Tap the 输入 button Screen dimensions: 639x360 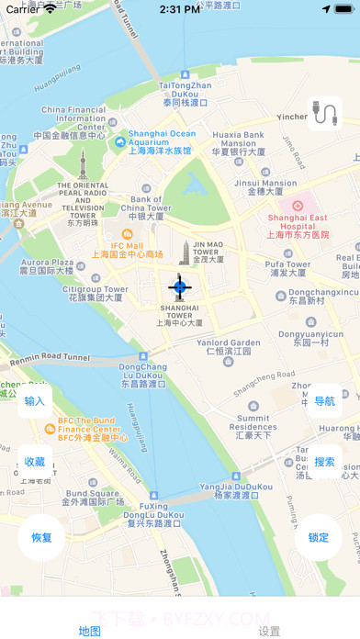click(x=35, y=401)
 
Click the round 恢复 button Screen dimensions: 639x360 click(x=41, y=537)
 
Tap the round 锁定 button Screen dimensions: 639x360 click(x=318, y=537)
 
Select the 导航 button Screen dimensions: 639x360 click(x=324, y=401)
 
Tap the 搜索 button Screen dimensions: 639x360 click(x=324, y=462)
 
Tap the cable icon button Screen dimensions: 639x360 click(x=324, y=113)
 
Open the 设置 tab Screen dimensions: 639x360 click(x=269, y=631)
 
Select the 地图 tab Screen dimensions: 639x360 click(x=90, y=631)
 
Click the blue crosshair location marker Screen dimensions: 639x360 click(x=180, y=287)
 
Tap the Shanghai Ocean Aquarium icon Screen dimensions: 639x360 click(x=119, y=142)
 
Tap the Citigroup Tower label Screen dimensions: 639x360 click(x=95, y=293)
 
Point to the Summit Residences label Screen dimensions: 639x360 click(x=253, y=428)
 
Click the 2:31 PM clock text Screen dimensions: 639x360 click(x=180, y=9)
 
